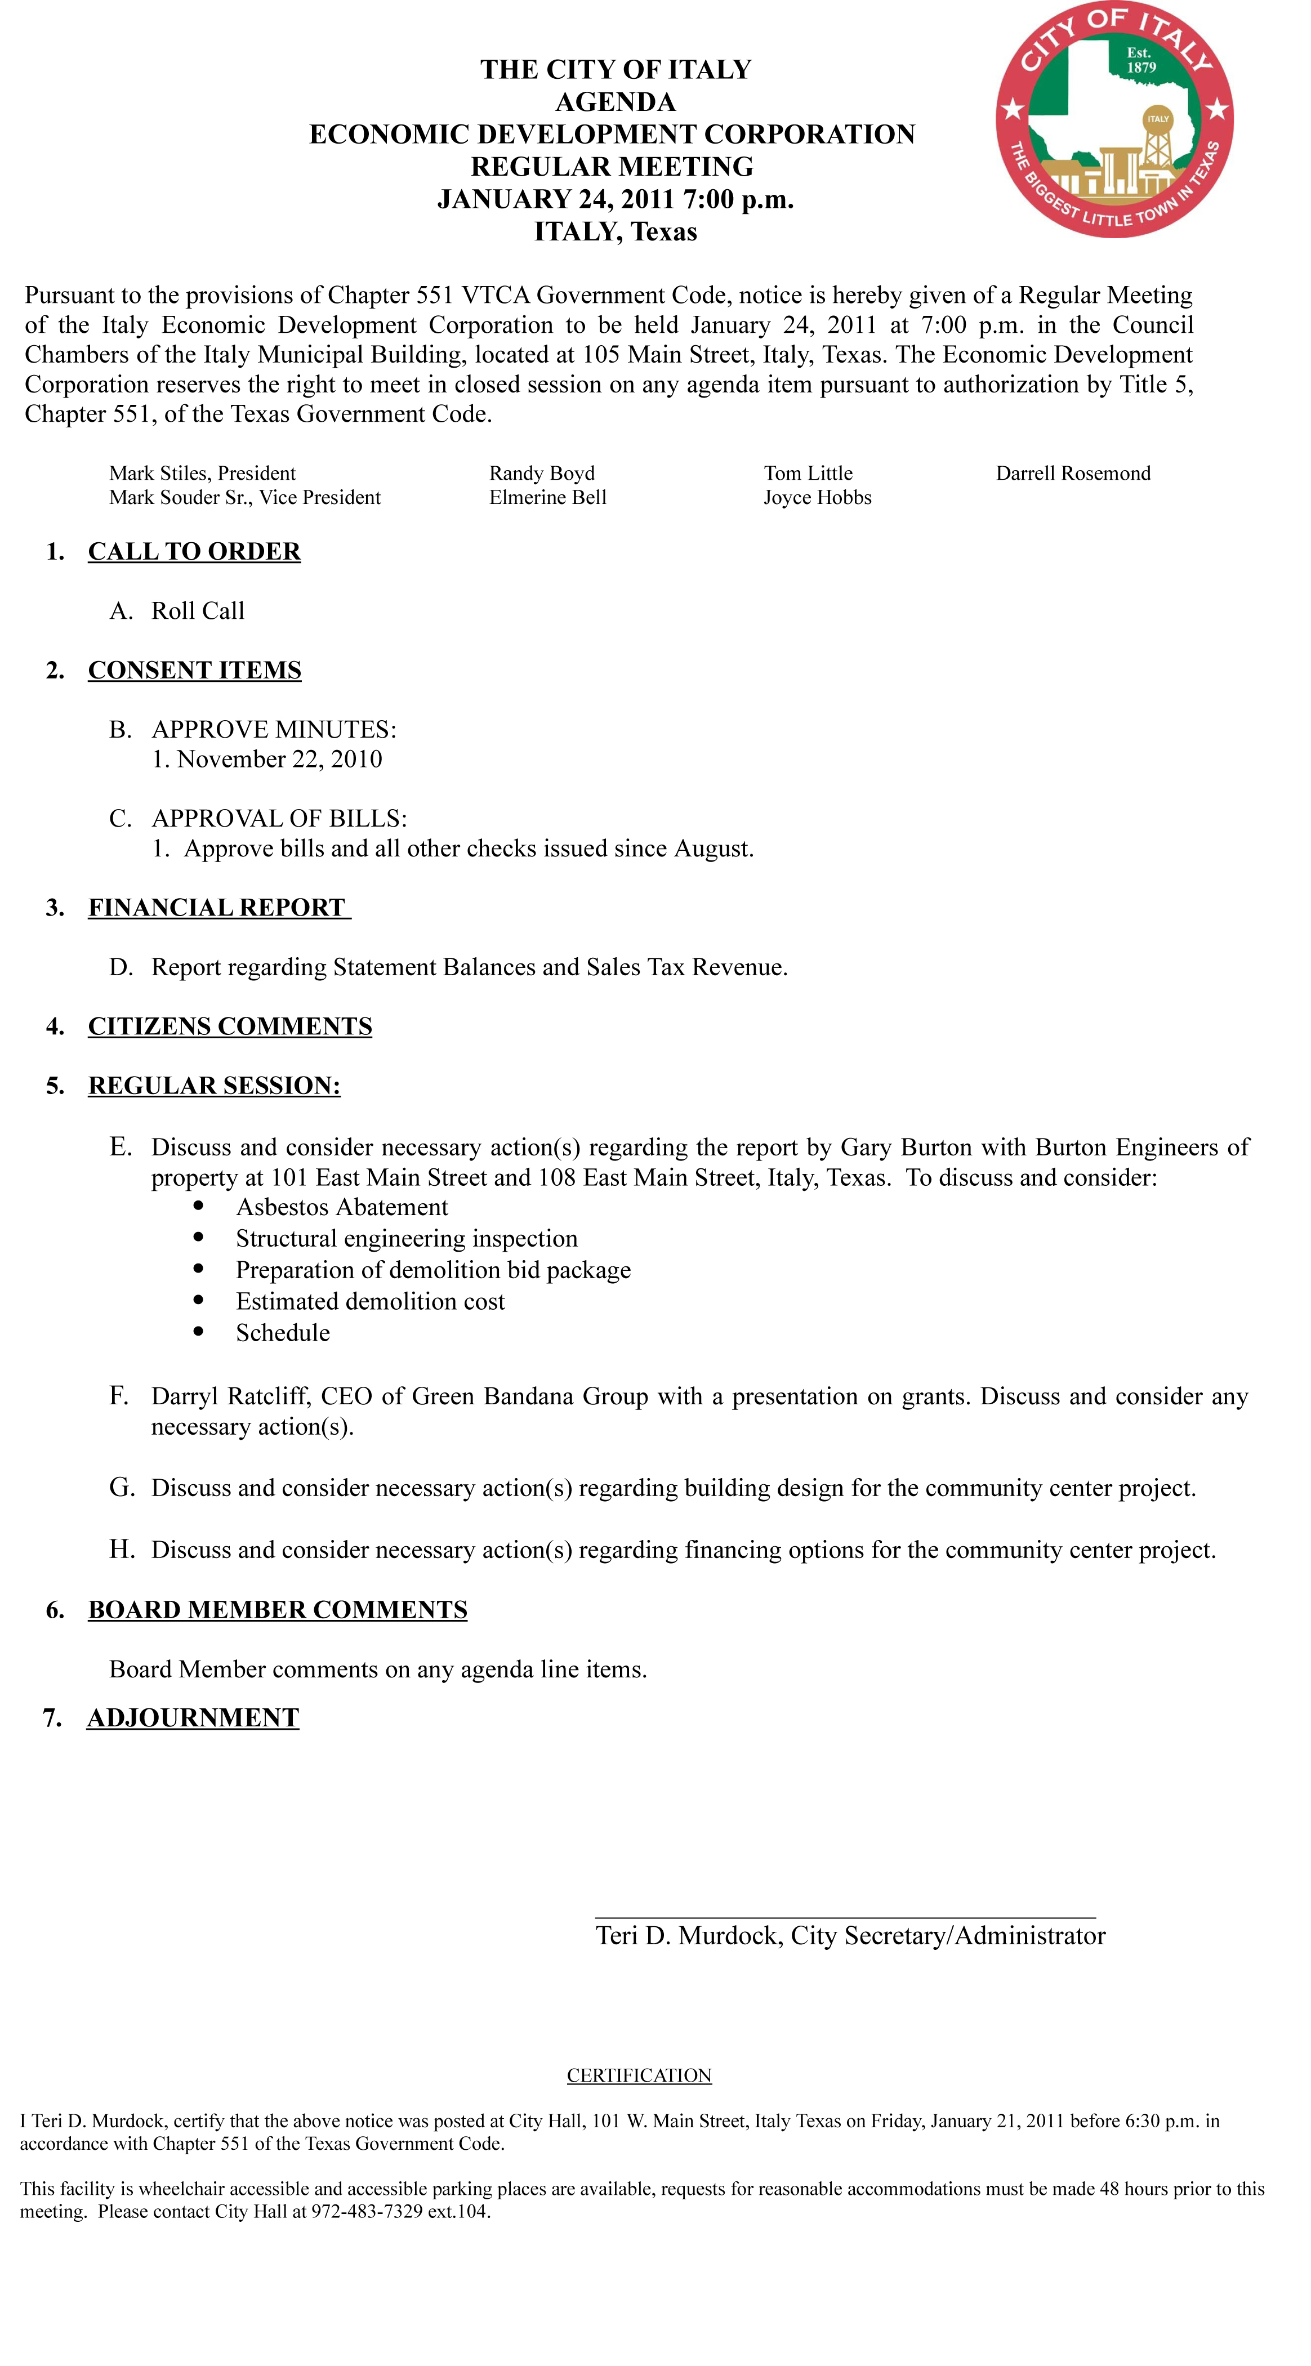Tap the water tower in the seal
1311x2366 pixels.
pyautogui.click(x=1158, y=138)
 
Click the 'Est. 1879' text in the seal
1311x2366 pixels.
pyautogui.click(x=1140, y=60)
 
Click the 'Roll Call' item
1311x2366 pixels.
pyautogui.click(x=198, y=611)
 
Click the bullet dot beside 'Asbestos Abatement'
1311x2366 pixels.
pyautogui.click(x=198, y=1206)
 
